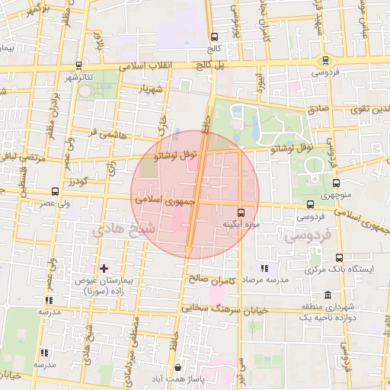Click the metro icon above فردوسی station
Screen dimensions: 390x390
[x=326, y=60]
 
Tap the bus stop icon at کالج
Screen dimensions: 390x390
[x=214, y=37]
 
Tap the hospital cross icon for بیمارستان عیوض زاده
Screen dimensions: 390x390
[x=104, y=268]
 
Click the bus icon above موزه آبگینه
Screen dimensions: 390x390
[x=241, y=212]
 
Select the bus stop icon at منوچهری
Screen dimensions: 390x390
[x=336, y=182]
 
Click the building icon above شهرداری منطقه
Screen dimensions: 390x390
[x=328, y=295]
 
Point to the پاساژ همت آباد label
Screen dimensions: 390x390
[x=177, y=379]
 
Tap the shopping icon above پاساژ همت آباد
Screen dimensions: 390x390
[x=177, y=366]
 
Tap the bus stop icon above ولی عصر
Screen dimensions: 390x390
[x=55, y=192]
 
